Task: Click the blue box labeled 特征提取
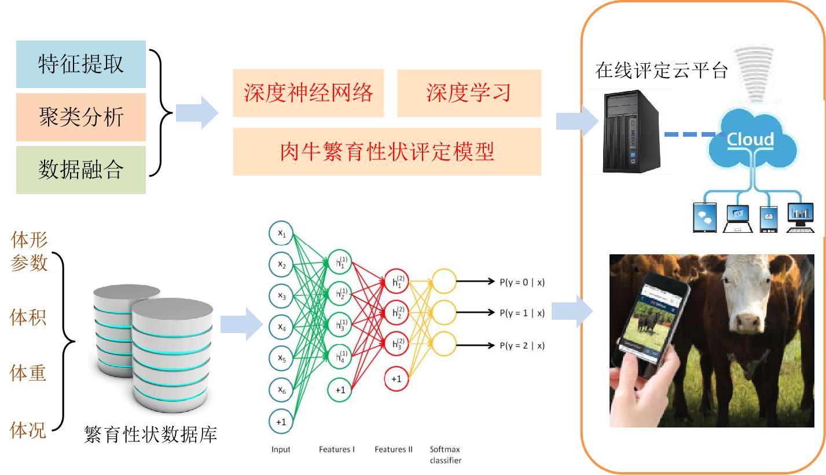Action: point(81,64)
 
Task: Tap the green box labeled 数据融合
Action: point(81,170)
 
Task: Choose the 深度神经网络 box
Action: point(308,93)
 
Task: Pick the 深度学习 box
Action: point(469,93)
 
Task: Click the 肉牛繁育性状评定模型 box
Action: point(387,152)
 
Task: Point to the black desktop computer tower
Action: point(627,131)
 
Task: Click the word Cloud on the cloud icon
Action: point(750,140)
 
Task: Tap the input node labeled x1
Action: point(281,233)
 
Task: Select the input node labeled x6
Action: point(281,390)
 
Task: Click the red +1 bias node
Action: point(397,378)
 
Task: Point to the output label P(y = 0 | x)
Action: point(522,282)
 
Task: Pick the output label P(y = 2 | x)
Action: point(522,346)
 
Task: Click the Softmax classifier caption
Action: point(445,455)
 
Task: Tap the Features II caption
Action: point(394,450)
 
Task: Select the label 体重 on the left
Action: point(28,374)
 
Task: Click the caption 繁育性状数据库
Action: point(150,434)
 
